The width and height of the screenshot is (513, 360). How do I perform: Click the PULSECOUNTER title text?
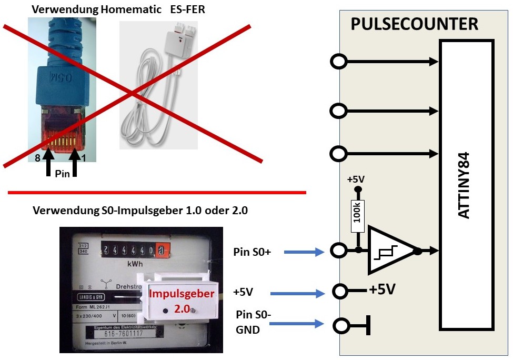click(414, 24)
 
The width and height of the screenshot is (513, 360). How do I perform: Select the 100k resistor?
click(358, 213)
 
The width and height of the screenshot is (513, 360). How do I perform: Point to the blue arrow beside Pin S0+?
click(304, 253)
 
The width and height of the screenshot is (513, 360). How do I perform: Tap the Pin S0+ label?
click(252, 252)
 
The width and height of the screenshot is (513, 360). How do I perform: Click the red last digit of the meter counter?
click(162, 249)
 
